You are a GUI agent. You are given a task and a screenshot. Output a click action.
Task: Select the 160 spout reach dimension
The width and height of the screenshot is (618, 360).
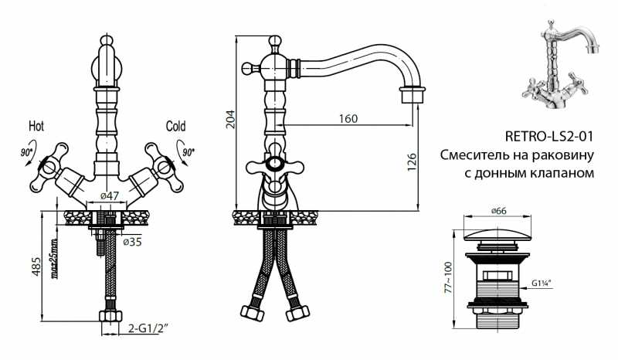coord(348,118)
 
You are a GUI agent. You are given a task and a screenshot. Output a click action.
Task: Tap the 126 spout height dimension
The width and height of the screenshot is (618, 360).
coord(412,162)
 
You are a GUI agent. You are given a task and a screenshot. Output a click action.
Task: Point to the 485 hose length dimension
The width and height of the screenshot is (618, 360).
coord(36,267)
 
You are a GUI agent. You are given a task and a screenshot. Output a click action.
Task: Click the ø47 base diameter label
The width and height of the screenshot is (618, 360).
coord(109,195)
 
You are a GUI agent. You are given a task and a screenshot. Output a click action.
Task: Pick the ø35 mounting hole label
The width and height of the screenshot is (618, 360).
coord(132,242)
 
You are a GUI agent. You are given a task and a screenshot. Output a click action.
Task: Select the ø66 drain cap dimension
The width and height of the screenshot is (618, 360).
coord(498,211)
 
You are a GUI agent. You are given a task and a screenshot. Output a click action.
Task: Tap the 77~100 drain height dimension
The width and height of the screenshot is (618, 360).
coord(448,277)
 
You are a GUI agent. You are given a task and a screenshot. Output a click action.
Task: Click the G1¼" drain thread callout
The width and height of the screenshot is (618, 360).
coord(542,282)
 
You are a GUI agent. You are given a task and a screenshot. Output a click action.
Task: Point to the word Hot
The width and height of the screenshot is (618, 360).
coord(36,126)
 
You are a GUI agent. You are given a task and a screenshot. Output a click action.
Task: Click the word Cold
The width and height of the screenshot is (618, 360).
coord(175,126)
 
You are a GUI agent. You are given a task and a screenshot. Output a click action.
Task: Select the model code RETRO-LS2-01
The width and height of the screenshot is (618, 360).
coord(548,137)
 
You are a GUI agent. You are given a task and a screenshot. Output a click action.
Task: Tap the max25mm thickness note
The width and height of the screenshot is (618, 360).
coord(54,258)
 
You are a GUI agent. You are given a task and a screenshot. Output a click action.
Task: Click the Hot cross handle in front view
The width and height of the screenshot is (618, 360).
coord(49,167)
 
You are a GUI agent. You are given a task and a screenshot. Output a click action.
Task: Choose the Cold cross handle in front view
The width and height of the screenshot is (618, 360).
coord(164,167)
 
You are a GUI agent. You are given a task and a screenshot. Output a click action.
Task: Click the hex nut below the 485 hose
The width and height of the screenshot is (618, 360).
coord(110,316)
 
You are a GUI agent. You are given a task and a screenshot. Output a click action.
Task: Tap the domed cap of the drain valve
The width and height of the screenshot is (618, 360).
coord(498,235)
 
